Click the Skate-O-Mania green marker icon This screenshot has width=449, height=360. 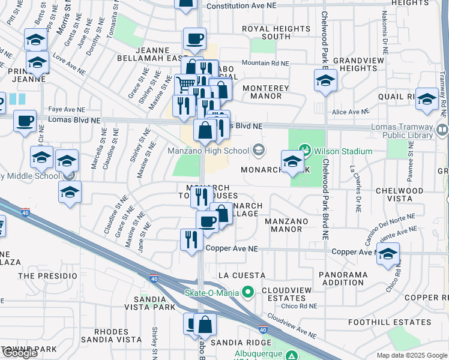pyautogui.click(x=246, y=293)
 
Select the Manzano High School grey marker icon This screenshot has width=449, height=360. pyautogui.click(x=259, y=150)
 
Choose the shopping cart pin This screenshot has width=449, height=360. pyautogui.click(x=185, y=84)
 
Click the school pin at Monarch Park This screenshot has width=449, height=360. pyautogui.click(x=292, y=161)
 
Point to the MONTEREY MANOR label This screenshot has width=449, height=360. pyautogui.click(x=265, y=92)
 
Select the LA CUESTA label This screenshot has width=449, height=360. pyautogui.click(x=241, y=275)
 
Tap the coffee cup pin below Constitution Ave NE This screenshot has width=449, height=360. pyautogui.click(x=193, y=39)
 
